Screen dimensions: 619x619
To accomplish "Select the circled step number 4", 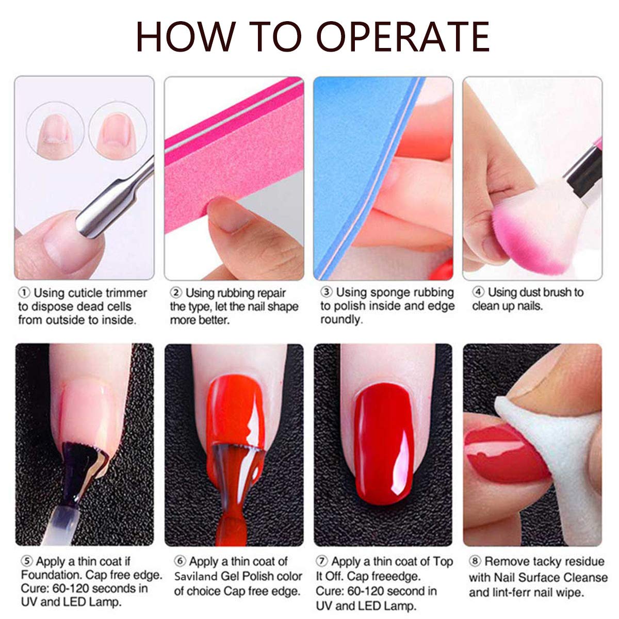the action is point(478,292).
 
